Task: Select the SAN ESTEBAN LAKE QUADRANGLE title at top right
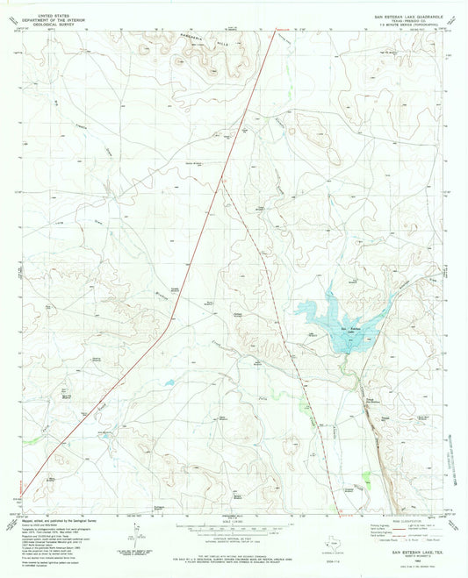(x=403, y=5)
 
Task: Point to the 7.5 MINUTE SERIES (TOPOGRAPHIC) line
(x=403, y=15)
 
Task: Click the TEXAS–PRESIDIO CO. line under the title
(x=403, y=11)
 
